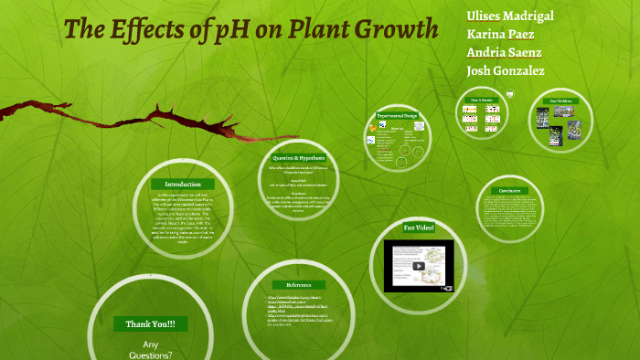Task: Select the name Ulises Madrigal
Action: [509, 16]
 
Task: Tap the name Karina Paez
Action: [500, 33]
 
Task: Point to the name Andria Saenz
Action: [504, 51]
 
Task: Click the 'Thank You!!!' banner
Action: [144, 323]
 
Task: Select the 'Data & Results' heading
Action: [482, 99]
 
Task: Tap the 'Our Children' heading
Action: [560, 101]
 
